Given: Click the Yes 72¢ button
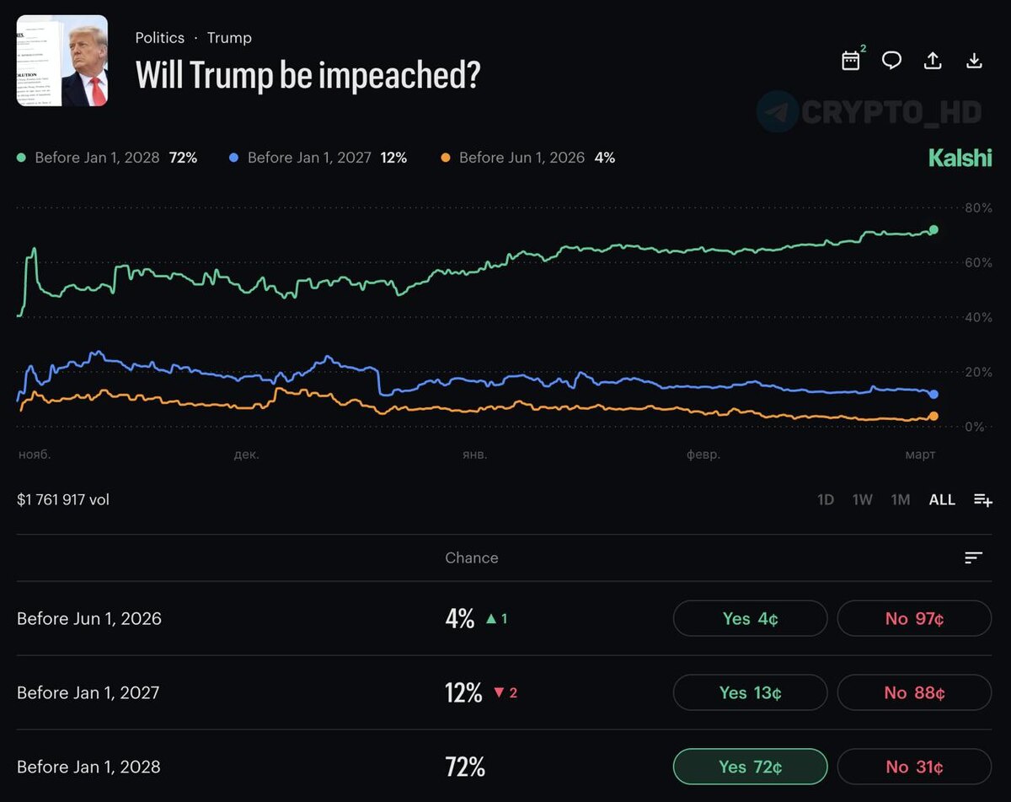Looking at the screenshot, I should click(750, 767).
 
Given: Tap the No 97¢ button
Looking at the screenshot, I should click(914, 618).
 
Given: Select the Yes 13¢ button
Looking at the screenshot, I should click(750, 692).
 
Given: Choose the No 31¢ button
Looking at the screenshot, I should click(914, 767).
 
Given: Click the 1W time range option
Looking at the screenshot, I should click(862, 499).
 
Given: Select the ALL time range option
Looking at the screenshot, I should click(942, 499).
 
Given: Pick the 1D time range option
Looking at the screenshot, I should click(826, 499).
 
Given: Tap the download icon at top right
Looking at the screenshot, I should click(974, 61).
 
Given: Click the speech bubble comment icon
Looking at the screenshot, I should click(891, 61).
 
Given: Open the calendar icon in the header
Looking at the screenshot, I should click(851, 61).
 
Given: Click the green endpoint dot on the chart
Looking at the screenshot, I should click(933, 229).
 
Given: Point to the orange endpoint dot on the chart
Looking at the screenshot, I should click(933, 416).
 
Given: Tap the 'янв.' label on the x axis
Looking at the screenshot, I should click(474, 455).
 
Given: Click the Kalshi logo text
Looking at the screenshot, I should click(960, 158).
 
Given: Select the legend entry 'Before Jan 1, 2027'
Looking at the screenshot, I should click(308, 158).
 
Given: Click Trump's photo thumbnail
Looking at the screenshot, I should click(62, 61).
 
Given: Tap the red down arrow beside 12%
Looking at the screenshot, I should click(498, 692).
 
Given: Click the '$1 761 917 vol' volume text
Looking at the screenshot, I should click(63, 499).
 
